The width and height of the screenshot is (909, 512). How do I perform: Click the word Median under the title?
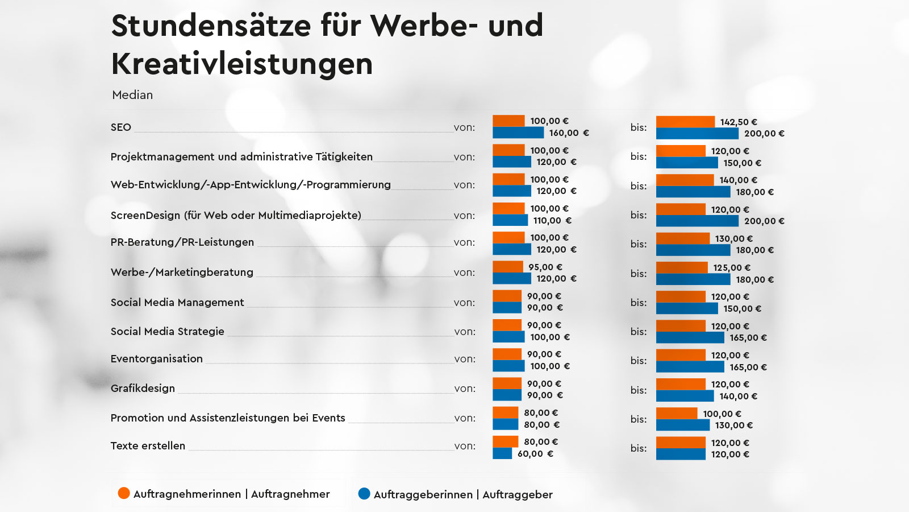(132, 95)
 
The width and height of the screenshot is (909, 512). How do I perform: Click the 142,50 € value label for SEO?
(739, 122)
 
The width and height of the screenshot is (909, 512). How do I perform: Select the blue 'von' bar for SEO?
(518, 133)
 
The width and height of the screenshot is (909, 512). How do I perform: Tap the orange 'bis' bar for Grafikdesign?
(681, 384)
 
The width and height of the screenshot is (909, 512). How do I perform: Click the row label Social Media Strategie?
(168, 331)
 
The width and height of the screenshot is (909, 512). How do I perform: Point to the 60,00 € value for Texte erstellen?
(535, 453)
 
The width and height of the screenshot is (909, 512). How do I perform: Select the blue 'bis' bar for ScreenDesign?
(697, 221)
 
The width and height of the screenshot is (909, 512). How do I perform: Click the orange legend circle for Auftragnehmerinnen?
(124, 493)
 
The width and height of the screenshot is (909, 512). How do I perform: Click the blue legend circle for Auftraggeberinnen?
(364, 493)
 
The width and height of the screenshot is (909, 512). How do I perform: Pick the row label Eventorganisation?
(157, 358)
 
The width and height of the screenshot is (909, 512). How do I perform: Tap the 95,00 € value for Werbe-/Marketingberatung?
(545, 267)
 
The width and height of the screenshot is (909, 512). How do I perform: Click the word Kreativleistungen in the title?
(242, 63)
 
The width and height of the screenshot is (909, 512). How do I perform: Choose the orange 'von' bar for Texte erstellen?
(505, 441)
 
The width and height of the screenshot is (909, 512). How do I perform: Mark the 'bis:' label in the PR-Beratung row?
(639, 244)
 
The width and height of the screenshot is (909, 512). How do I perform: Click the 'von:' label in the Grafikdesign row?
(465, 389)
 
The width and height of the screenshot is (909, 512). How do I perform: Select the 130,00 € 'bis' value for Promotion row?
(733, 425)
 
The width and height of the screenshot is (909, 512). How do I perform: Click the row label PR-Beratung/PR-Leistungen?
(182, 242)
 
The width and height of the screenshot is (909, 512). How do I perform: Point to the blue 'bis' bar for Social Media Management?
(687, 308)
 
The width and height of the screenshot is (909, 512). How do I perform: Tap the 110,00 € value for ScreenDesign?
(552, 220)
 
